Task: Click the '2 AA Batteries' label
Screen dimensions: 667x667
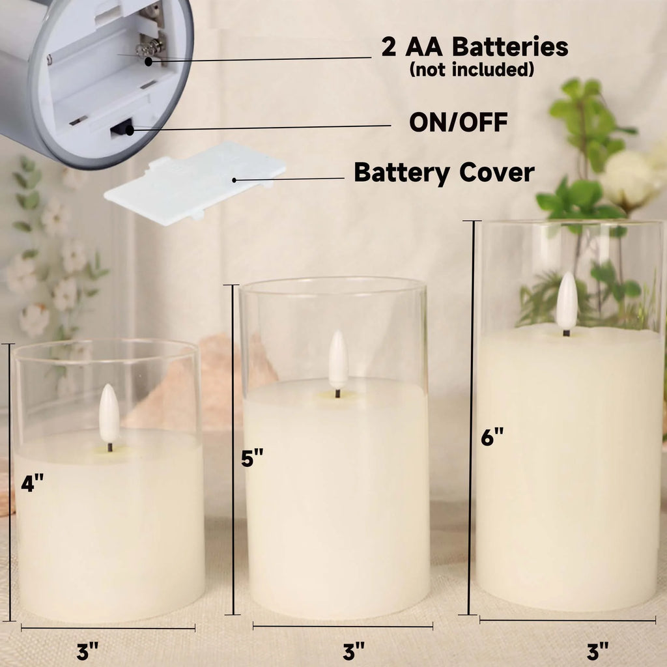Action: pos(474,48)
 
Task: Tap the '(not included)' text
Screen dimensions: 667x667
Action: pos(472,69)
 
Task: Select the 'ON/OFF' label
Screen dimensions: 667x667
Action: pos(458,122)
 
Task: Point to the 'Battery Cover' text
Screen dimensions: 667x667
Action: pos(444,173)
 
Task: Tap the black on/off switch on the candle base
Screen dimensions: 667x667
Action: pos(121,128)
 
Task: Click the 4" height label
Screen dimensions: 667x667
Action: pos(33,484)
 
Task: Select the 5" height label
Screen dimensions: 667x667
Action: pos(252,458)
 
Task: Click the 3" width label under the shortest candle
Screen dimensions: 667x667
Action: pos(87,651)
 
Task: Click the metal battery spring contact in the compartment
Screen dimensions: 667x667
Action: pos(150,47)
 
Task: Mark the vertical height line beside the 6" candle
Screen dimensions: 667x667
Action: pos(472,417)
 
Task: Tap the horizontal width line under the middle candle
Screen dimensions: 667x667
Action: pos(343,627)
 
